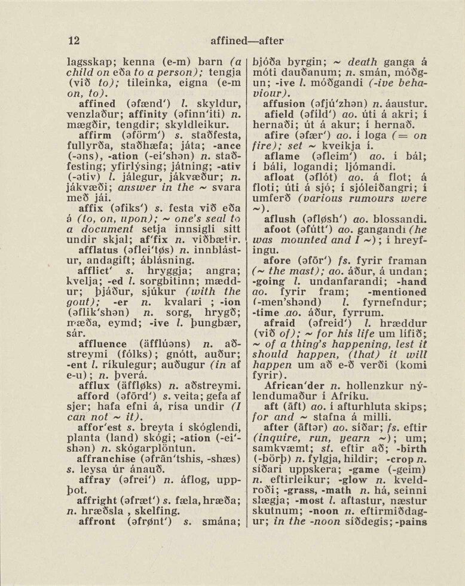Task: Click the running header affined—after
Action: [247, 41]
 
